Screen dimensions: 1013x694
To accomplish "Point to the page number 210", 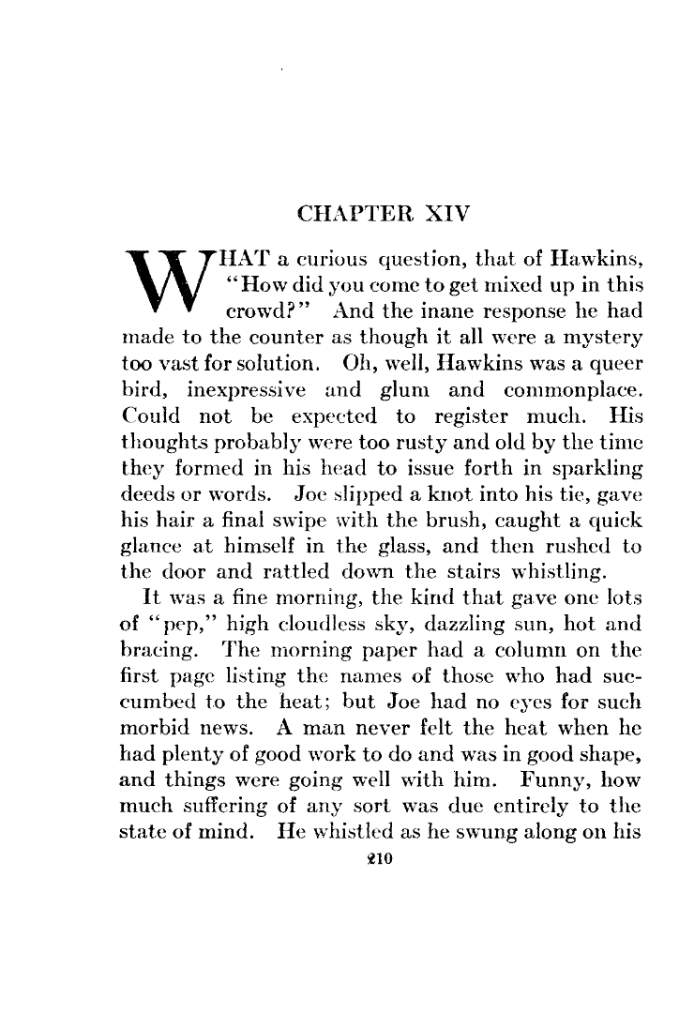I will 376,867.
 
